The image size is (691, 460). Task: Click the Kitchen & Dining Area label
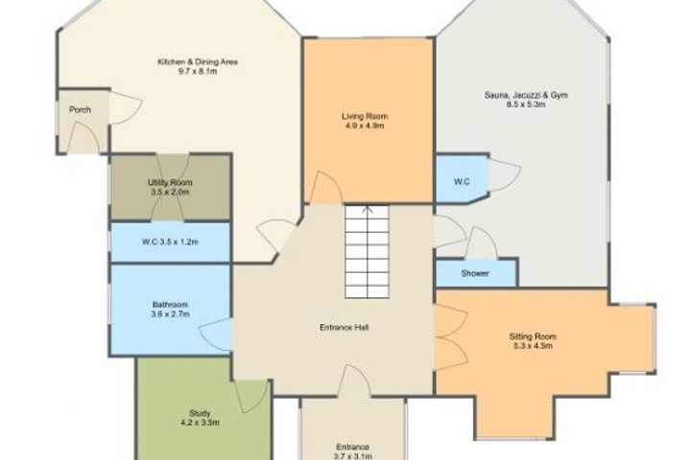click(198, 61)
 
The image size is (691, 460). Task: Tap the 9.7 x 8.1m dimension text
click(198, 71)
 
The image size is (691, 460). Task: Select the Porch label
click(81, 109)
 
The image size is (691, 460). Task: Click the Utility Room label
click(170, 182)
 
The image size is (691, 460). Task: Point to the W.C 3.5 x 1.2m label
click(170, 241)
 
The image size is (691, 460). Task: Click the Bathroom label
click(170, 305)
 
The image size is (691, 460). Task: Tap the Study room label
click(200, 413)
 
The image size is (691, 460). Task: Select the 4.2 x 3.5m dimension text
click(200, 423)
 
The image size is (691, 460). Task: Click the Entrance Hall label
click(344, 328)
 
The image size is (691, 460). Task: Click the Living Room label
click(365, 116)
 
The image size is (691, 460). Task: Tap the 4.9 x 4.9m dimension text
click(365, 126)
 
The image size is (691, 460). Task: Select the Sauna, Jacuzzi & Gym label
click(526, 95)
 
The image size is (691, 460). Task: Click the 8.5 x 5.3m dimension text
click(526, 104)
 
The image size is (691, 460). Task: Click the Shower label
click(475, 273)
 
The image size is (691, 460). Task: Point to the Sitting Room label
click(533, 336)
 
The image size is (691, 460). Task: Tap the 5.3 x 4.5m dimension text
click(533, 346)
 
